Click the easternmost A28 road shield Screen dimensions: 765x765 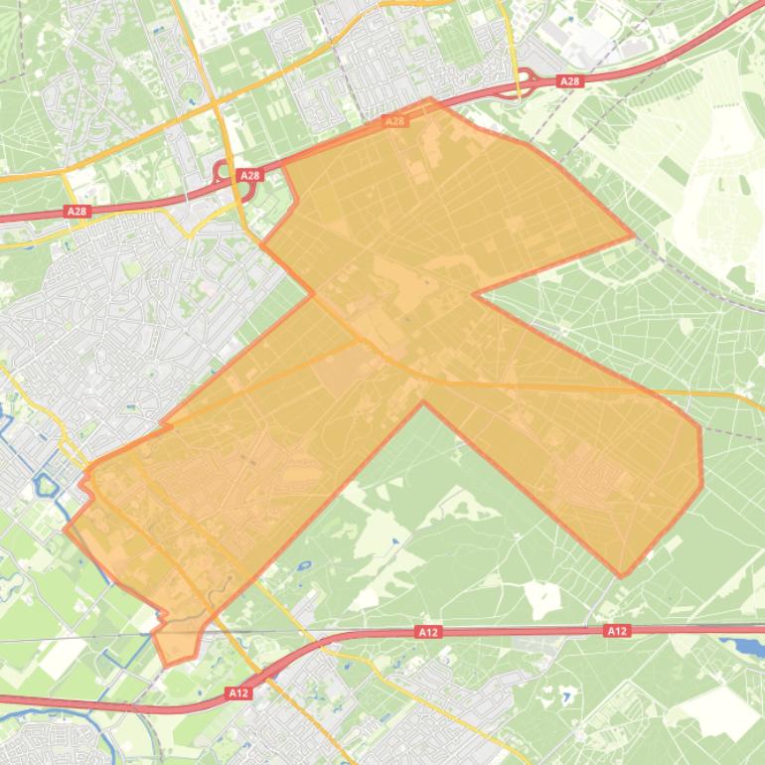click(x=569, y=81)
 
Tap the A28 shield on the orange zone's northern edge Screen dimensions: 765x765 click(x=394, y=121)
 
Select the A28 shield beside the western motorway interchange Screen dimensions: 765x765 click(x=249, y=175)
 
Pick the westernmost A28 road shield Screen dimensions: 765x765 click(x=76, y=211)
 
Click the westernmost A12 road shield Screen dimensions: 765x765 click(x=236, y=692)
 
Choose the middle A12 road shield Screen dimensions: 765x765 click(x=428, y=631)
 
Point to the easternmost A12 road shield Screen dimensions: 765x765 click(x=617, y=630)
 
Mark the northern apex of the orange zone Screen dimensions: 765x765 click(x=430, y=99)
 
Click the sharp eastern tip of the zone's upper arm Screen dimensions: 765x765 click(x=633, y=237)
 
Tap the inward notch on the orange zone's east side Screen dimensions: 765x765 click(x=474, y=294)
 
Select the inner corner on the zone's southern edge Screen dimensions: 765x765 click(x=423, y=402)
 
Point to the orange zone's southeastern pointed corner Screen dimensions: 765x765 click(x=622, y=576)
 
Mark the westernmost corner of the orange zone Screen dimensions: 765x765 click(x=66, y=529)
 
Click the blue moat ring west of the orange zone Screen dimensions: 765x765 click(x=44, y=486)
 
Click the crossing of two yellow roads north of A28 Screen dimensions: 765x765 click(x=216, y=103)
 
